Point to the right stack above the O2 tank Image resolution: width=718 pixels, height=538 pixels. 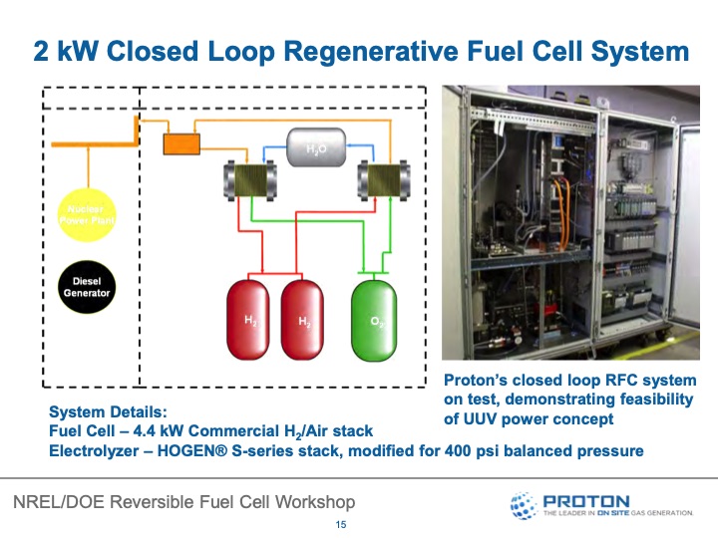(x=378, y=182)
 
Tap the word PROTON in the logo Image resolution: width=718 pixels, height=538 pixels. (x=586, y=500)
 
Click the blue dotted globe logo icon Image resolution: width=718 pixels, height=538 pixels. (x=524, y=505)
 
